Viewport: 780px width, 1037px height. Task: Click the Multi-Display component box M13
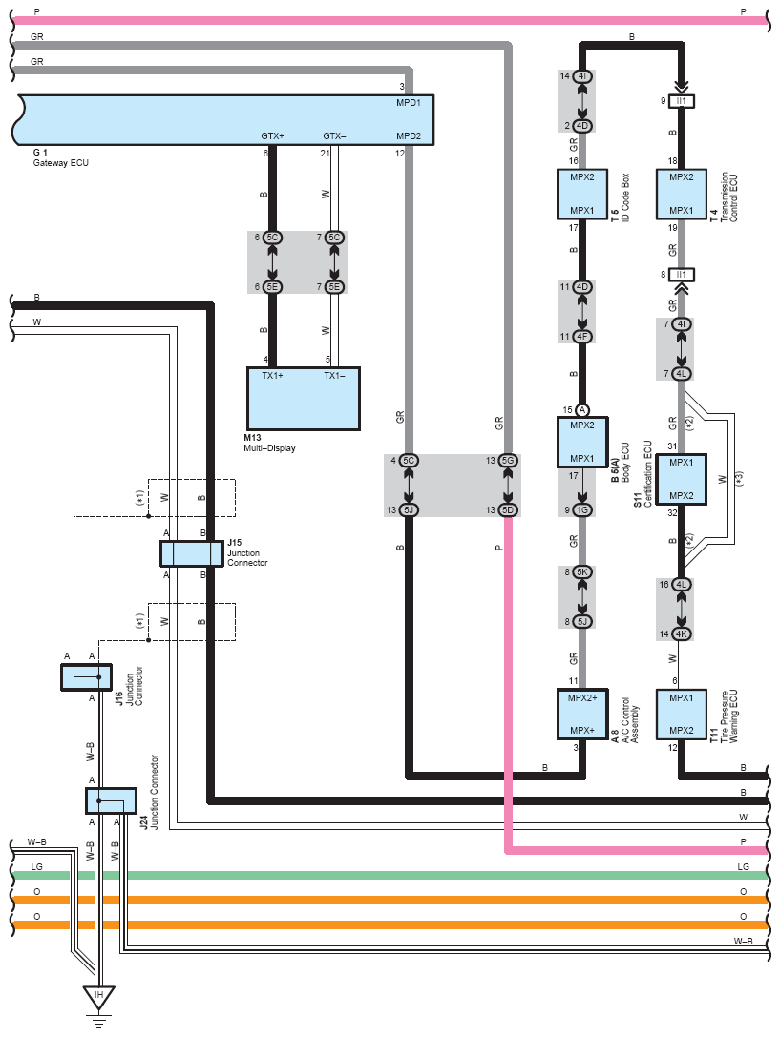point(304,398)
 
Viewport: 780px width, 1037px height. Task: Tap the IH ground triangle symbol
point(97,997)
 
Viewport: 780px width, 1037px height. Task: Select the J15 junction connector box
point(191,553)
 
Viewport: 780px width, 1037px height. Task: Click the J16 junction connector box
point(86,676)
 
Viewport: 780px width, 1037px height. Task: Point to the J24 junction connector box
point(105,801)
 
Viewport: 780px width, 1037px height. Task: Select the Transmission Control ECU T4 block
point(681,194)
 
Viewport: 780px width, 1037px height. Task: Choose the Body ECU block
point(582,442)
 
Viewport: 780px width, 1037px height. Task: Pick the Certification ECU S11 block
point(681,479)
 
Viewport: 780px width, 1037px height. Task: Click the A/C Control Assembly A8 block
point(582,714)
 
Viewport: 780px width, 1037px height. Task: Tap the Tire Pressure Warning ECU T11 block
point(681,714)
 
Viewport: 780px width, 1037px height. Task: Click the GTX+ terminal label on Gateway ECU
point(272,136)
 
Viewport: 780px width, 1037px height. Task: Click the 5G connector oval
point(508,461)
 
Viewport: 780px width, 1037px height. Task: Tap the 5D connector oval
point(508,509)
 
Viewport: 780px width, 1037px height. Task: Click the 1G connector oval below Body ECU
point(582,509)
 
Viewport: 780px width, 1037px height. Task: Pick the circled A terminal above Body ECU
point(582,409)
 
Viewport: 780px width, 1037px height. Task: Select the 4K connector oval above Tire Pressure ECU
point(681,633)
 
